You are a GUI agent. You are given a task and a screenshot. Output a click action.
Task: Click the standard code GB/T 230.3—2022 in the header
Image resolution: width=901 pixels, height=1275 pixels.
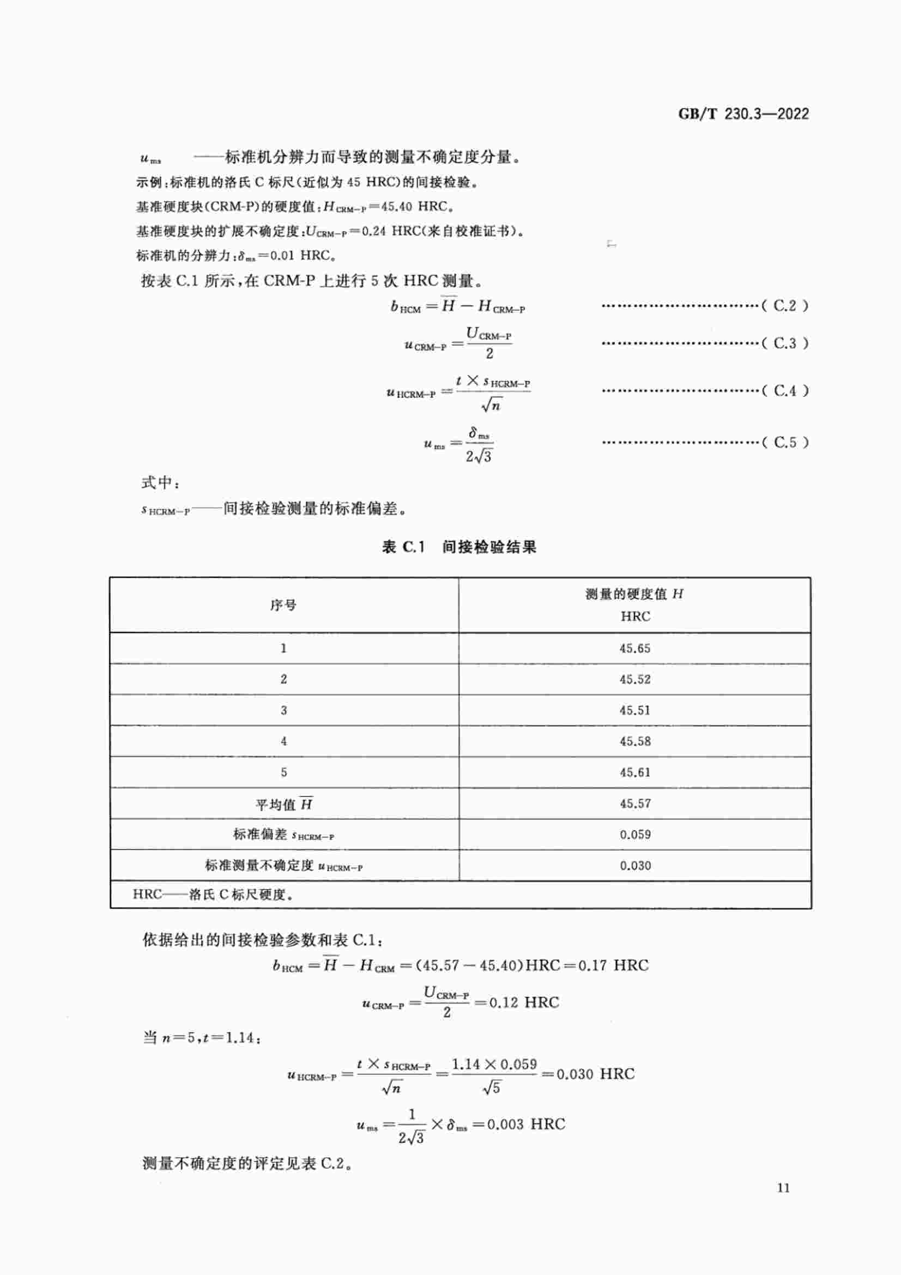pyautogui.click(x=743, y=114)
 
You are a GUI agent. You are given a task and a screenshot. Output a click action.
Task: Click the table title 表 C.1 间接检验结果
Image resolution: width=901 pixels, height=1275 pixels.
pyautogui.click(x=459, y=547)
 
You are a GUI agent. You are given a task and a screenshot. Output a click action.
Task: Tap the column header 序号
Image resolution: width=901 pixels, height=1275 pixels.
pyautogui.click(x=283, y=605)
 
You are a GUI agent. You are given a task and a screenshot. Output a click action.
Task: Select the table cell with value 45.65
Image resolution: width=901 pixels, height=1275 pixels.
pyautogui.click(x=634, y=649)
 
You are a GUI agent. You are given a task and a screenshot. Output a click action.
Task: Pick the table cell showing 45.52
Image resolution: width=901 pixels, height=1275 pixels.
pyautogui.click(x=634, y=679)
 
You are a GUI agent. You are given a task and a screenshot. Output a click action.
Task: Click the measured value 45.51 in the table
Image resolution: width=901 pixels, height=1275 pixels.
pyautogui.click(x=634, y=710)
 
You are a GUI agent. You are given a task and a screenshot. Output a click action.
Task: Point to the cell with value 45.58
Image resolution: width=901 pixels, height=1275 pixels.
pyautogui.click(x=634, y=741)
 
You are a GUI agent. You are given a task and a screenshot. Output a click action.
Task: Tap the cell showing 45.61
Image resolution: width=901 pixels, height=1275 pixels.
pyautogui.click(x=634, y=772)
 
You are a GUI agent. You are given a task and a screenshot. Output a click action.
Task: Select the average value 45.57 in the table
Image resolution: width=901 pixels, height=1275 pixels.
pyautogui.click(x=634, y=803)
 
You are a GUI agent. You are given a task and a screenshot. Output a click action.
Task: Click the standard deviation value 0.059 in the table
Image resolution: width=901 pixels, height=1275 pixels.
pyautogui.click(x=634, y=835)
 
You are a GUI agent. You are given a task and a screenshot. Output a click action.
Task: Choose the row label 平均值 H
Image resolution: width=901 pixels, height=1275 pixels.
pyautogui.click(x=283, y=804)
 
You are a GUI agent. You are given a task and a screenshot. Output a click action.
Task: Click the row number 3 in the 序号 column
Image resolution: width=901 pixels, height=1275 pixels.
pyautogui.click(x=283, y=710)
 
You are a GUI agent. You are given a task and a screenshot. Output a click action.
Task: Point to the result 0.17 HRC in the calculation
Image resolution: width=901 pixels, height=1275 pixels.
pyautogui.click(x=613, y=966)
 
